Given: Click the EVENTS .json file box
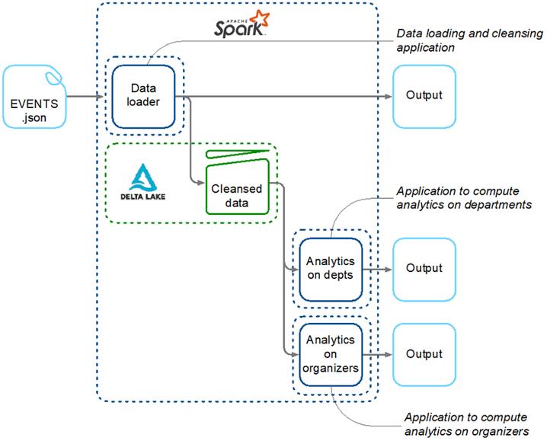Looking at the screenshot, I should tap(34, 96).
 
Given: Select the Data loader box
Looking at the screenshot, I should tap(144, 96).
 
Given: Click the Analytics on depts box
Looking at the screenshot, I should tap(330, 268).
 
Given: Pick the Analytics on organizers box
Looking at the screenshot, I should tap(330, 354).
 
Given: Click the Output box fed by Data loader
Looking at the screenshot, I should tap(424, 96).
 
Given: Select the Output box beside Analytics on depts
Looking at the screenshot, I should tap(424, 268).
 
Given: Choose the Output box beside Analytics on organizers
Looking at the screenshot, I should tap(424, 354).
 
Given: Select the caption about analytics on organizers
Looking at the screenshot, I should tap(466, 424).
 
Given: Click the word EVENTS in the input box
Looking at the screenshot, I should tap(34, 104).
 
